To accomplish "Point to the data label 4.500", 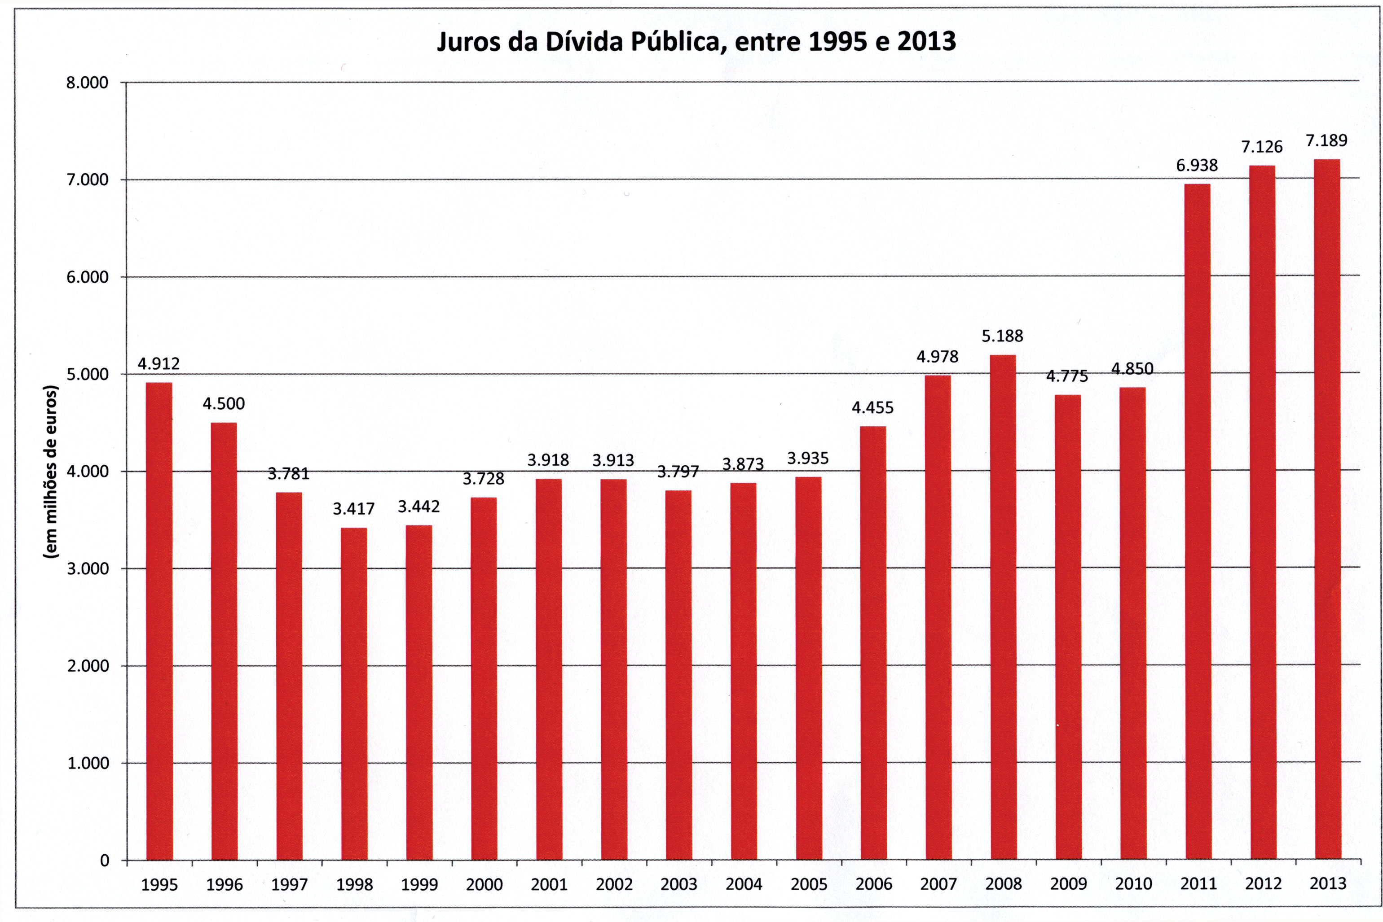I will (224, 404).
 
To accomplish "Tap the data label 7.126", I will (1262, 147).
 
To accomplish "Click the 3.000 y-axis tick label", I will (87, 568).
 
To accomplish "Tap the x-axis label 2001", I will (549, 884).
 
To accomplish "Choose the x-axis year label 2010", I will (1133, 884).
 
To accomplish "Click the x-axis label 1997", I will (289, 885).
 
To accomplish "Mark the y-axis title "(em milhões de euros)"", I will (51, 472).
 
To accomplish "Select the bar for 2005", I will (808, 669).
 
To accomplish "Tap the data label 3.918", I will (548, 460).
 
